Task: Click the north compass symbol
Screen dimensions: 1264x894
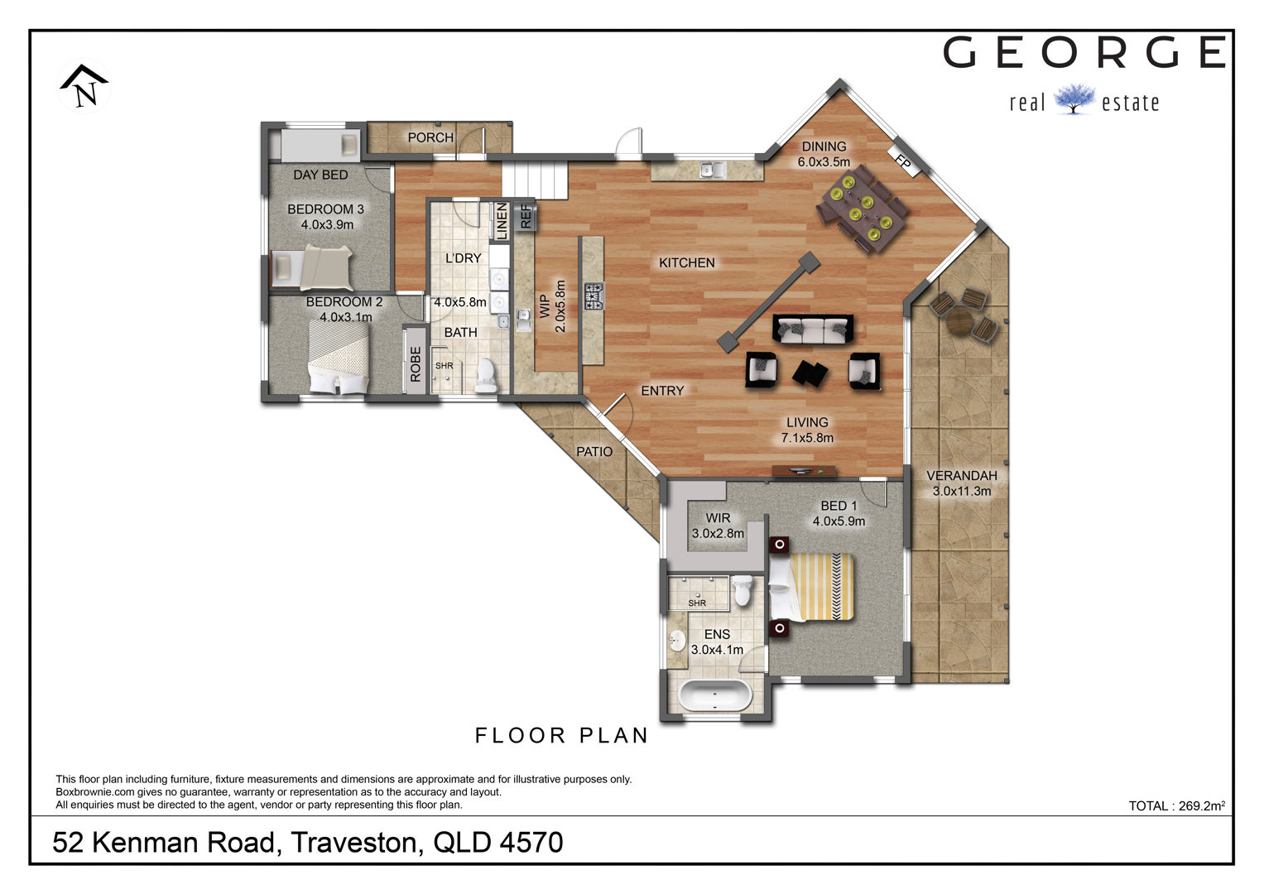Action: coord(84,86)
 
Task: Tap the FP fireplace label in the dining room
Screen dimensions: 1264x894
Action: coord(903,161)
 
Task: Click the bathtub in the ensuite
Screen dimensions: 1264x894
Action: coord(714,696)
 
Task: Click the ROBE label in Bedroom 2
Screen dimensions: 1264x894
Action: coord(416,364)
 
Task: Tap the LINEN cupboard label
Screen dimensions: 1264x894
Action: coord(501,221)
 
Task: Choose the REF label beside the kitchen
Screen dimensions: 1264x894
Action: coord(526,216)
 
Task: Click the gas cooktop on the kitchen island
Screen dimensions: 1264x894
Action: coord(594,296)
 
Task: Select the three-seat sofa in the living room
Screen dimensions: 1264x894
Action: coord(812,329)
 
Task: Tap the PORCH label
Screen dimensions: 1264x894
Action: coord(430,137)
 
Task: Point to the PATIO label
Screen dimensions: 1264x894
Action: coord(594,451)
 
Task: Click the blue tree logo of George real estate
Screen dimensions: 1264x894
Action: coord(1074,99)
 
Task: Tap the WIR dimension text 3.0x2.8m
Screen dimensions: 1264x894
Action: coord(718,533)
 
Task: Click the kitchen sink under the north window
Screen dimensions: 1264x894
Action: coord(713,170)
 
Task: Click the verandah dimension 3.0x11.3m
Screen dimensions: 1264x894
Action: coord(962,491)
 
